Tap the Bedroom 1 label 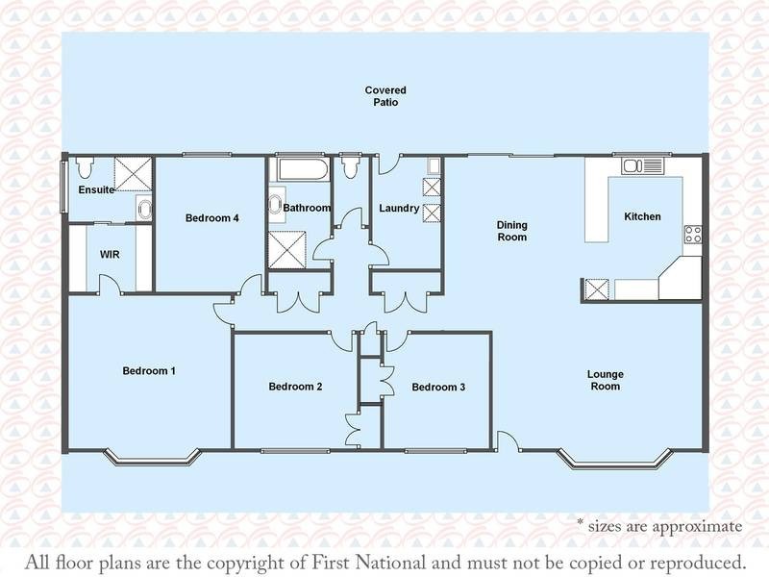(x=148, y=370)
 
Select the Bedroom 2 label (x=295, y=387)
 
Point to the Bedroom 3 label (x=438, y=387)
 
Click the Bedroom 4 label (x=211, y=218)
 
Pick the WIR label (x=109, y=256)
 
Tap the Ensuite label (x=96, y=190)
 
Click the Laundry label (x=398, y=208)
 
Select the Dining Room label (x=511, y=231)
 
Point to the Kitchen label (x=642, y=216)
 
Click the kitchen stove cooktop (x=692, y=234)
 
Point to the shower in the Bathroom (x=286, y=246)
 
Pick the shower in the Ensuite (x=134, y=173)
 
